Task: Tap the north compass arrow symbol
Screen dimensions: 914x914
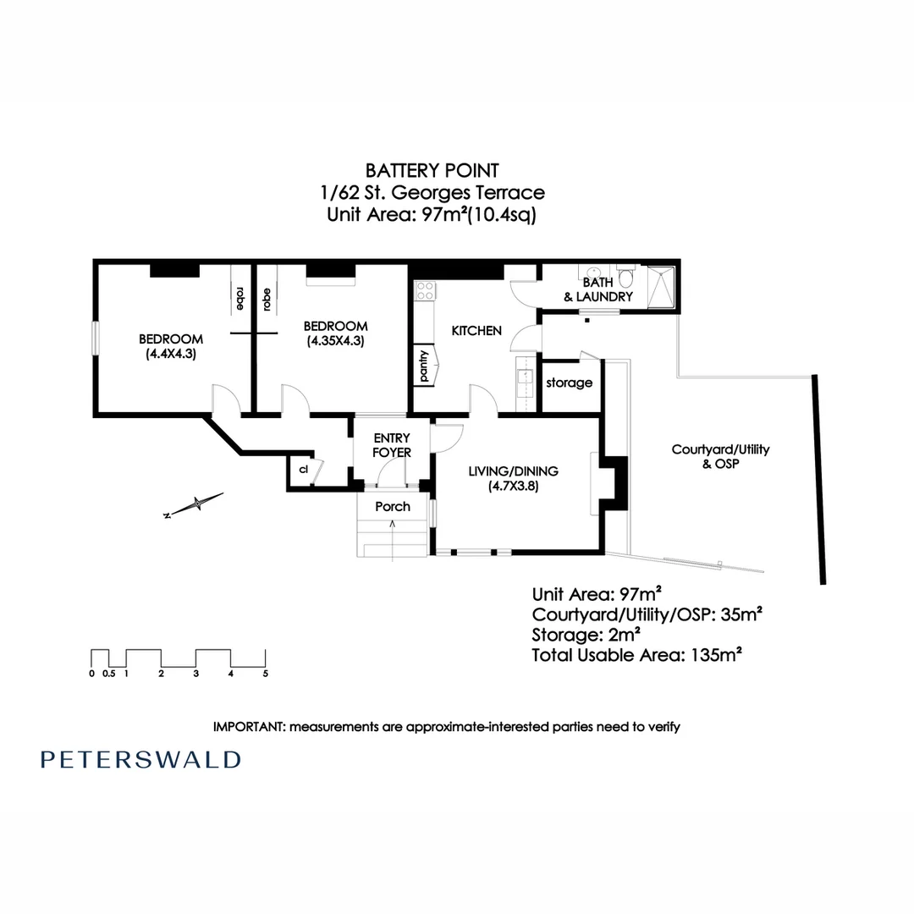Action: (195, 504)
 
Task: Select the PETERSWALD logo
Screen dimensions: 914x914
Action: (140, 759)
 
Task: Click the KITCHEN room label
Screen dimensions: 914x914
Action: (476, 331)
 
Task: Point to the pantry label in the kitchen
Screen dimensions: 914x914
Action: (423, 366)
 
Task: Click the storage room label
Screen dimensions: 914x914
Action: (569, 383)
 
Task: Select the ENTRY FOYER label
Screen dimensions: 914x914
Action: (391, 445)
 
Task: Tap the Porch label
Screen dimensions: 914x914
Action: (392, 506)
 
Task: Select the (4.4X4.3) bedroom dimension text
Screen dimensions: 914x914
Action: (170, 355)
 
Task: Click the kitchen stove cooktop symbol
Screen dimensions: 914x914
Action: (423, 292)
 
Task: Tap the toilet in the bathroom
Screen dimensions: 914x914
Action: (626, 278)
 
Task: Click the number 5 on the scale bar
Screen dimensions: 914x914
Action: (266, 674)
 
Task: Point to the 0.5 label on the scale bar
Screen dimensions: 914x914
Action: (109, 674)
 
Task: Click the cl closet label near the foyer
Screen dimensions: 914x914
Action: (302, 468)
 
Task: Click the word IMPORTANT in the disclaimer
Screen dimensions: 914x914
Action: (250, 726)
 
